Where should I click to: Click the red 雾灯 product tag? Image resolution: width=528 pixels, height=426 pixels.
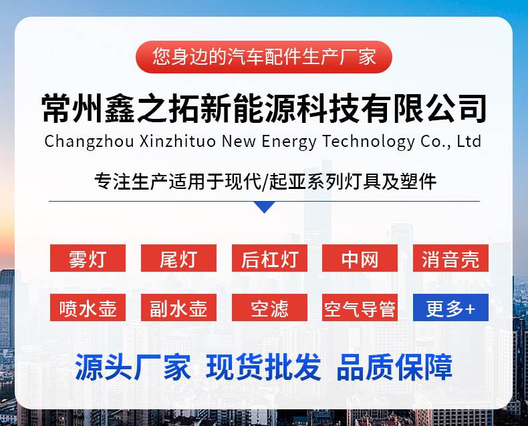click(x=88, y=258)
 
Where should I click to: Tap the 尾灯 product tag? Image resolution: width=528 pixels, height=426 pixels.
click(x=178, y=258)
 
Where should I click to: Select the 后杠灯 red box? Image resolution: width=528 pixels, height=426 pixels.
click(x=269, y=258)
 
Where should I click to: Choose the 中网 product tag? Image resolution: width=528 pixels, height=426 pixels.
click(x=360, y=258)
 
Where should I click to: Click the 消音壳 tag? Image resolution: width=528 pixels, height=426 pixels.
click(x=450, y=258)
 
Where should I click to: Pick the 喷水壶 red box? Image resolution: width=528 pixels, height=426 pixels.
click(x=88, y=308)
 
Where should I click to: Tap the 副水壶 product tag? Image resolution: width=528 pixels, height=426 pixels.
click(x=178, y=308)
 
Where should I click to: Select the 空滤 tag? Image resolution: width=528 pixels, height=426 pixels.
click(x=269, y=308)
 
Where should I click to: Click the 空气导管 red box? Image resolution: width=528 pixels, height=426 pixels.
click(x=360, y=308)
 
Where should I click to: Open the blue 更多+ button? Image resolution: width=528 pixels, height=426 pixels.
click(x=450, y=308)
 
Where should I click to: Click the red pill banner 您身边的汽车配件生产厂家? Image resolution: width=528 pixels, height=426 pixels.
click(x=264, y=57)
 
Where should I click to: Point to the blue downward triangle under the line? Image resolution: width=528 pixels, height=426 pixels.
click(x=265, y=206)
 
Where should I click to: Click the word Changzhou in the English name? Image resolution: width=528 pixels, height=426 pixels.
click(x=90, y=142)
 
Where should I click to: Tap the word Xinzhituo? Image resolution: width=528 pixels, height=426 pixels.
click(x=178, y=141)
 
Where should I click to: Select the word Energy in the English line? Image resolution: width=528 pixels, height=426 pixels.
click(x=289, y=142)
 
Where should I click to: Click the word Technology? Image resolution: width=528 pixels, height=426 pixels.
click(x=368, y=142)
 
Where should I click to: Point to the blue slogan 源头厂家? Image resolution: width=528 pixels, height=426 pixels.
click(x=133, y=367)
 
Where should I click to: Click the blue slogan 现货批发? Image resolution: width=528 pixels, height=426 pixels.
click(x=263, y=367)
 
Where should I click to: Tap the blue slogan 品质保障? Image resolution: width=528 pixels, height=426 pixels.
click(x=394, y=367)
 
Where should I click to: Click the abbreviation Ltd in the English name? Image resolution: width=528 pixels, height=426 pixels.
click(x=469, y=141)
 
